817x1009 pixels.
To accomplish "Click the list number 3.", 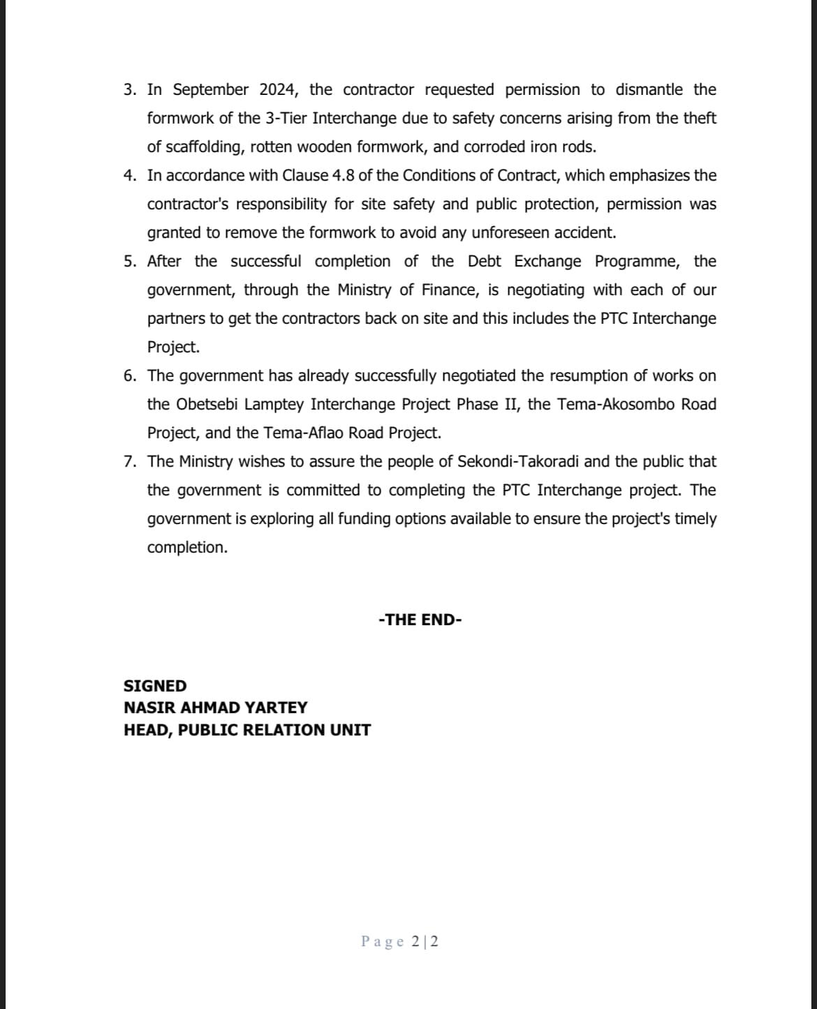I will pyautogui.click(x=128, y=90).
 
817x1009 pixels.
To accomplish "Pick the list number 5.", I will pyautogui.click(x=128, y=262).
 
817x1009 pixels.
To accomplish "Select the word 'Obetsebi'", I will pyautogui.click(x=207, y=405).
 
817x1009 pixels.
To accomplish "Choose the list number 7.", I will pyautogui.click(x=128, y=462).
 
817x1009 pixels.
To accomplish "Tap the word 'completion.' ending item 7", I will pyautogui.click(x=187, y=548).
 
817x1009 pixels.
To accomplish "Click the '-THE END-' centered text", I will pyautogui.click(x=420, y=620).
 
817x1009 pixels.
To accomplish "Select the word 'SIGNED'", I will pyautogui.click(x=155, y=686).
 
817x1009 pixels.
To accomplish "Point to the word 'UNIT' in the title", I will pyautogui.click(x=351, y=730).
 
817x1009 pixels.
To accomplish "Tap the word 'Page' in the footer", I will pyautogui.click(x=382, y=942).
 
